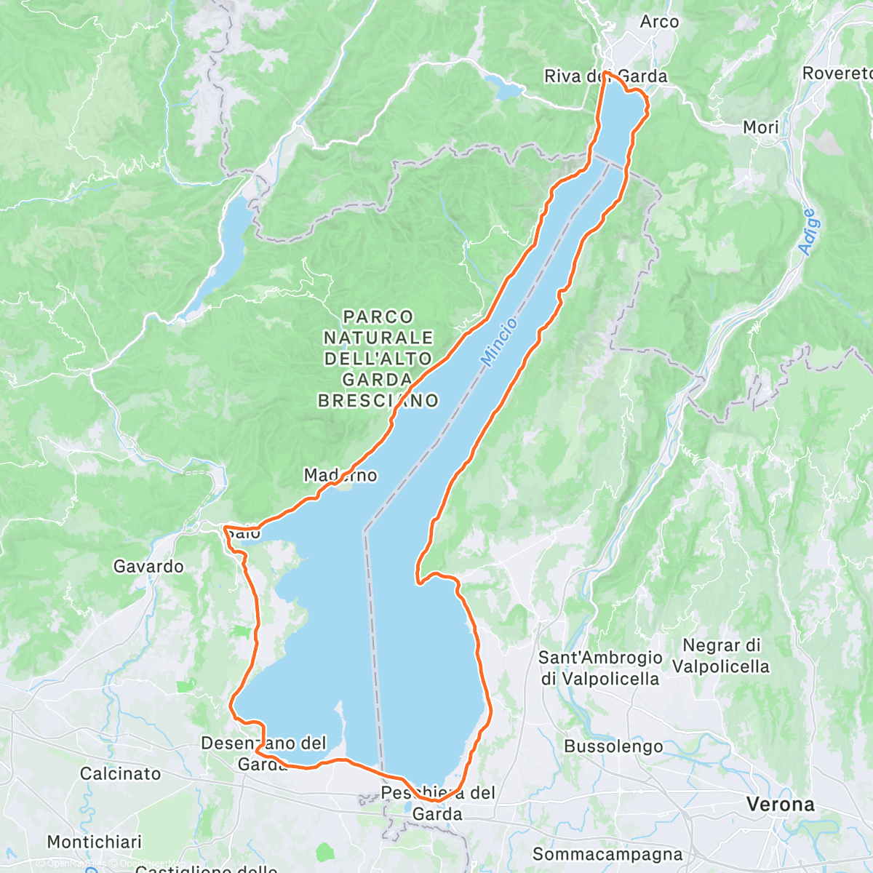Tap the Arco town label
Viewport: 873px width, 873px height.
click(659, 22)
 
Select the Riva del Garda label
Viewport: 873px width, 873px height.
click(605, 76)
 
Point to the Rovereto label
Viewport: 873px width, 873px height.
click(837, 73)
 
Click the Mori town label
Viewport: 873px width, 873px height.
click(760, 127)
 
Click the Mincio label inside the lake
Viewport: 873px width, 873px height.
click(499, 342)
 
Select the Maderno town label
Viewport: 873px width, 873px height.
click(340, 476)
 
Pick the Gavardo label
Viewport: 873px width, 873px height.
click(148, 566)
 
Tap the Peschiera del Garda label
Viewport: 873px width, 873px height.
click(437, 803)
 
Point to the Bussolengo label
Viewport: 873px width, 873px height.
click(613, 746)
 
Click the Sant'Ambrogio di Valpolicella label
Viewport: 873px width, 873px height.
click(600, 668)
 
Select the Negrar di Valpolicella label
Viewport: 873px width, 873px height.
click(721, 655)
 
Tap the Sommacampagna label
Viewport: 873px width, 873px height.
click(607, 854)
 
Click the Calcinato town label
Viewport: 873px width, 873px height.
click(120, 773)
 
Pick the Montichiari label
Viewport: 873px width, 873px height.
click(95, 842)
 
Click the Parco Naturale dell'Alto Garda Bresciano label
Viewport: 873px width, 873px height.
click(378, 358)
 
